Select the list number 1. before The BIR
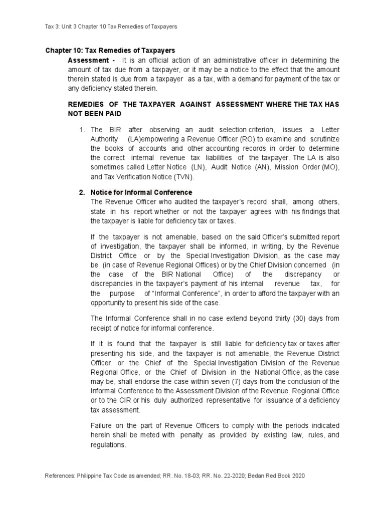(x=83, y=130)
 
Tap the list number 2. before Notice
(x=82, y=192)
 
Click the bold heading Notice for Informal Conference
(x=141, y=192)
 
